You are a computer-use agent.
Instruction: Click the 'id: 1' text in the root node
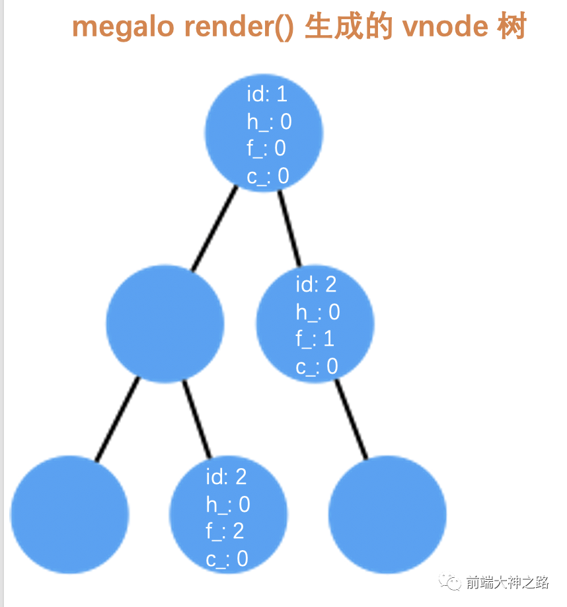pyautogui.click(x=267, y=95)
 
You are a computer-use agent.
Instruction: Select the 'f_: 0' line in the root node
pyautogui.click(x=266, y=149)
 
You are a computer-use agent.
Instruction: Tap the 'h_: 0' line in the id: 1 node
pyautogui.click(x=269, y=122)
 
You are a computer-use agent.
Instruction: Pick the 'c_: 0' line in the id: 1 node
pyautogui.click(x=268, y=177)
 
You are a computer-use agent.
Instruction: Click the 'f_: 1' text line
pyautogui.click(x=315, y=339)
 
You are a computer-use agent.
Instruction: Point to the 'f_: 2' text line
pyautogui.click(x=225, y=531)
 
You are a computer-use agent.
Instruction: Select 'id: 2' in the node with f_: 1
pyautogui.click(x=316, y=285)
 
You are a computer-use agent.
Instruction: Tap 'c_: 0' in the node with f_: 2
pyautogui.click(x=227, y=559)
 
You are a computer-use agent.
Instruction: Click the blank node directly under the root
pyautogui.click(x=165, y=323)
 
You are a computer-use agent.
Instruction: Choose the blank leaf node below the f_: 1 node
pyautogui.click(x=387, y=514)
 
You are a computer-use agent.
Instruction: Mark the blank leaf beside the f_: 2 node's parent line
pyautogui.click(x=69, y=514)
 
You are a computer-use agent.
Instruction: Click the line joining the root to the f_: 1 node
pyautogui.click(x=289, y=228)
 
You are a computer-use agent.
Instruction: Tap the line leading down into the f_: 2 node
pyautogui.click(x=197, y=419)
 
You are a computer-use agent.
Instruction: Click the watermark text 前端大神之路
pyautogui.click(x=507, y=582)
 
